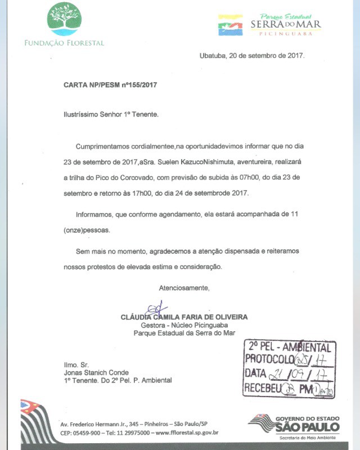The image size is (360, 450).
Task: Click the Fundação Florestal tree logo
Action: click(x=64, y=19)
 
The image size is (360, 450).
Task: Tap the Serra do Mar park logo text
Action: click(x=286, y=24)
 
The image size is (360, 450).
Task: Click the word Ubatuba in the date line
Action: click(x=211, y=56)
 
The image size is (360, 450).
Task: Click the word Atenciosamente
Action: click(x=184, y=288)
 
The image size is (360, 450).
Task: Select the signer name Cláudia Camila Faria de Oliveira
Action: click(x=184, y=317)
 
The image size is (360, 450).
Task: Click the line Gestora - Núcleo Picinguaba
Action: click(x=184, y=325)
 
